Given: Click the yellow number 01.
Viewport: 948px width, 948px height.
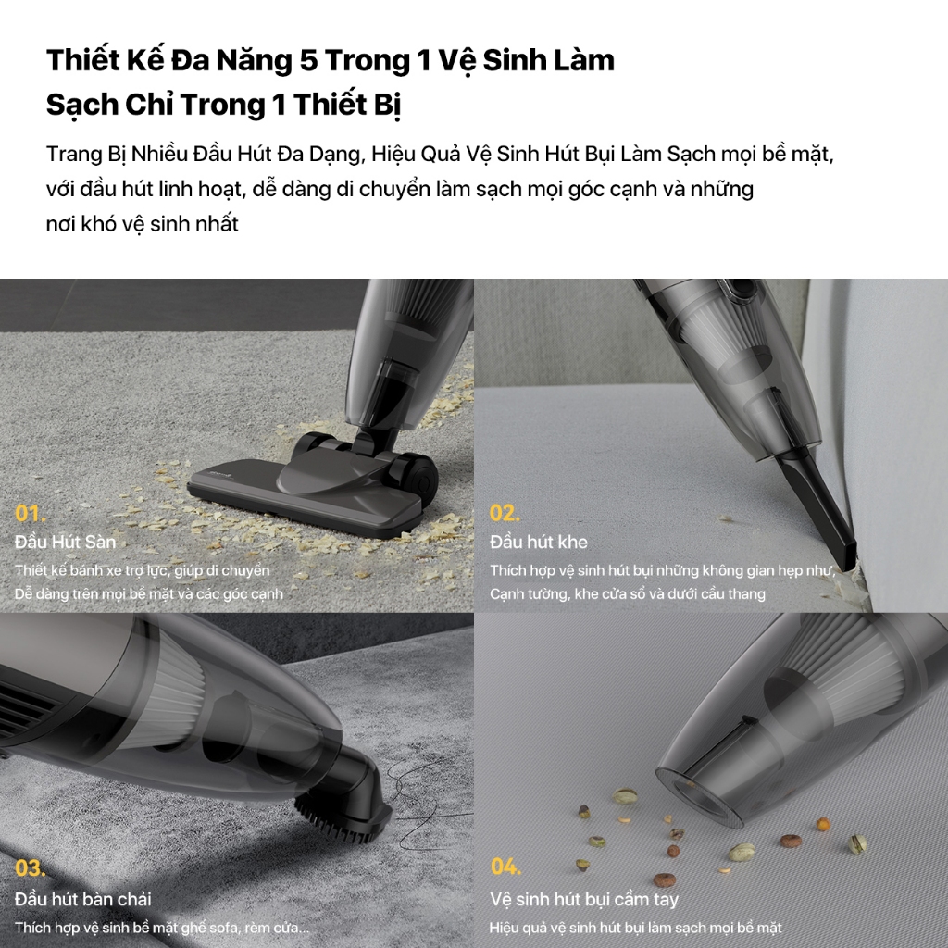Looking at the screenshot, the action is (x=30, y=513).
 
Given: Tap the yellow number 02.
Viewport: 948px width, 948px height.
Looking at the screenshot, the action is (x=505, y=513).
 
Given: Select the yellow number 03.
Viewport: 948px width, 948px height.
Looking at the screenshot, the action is (x=31, y=868).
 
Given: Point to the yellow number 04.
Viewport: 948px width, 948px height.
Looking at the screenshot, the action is (x=506, y=867).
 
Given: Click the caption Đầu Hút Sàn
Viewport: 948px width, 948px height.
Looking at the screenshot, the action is (x=66, y=542).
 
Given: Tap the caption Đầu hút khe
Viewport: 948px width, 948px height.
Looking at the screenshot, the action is (x=539, y=542).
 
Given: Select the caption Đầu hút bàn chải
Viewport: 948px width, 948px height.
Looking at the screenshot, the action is (x=82, y=899).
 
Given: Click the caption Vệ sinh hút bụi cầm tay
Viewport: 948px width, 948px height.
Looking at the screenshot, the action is (x=584, y=900).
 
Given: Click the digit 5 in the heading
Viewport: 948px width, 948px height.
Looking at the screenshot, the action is (x=308, y=60).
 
